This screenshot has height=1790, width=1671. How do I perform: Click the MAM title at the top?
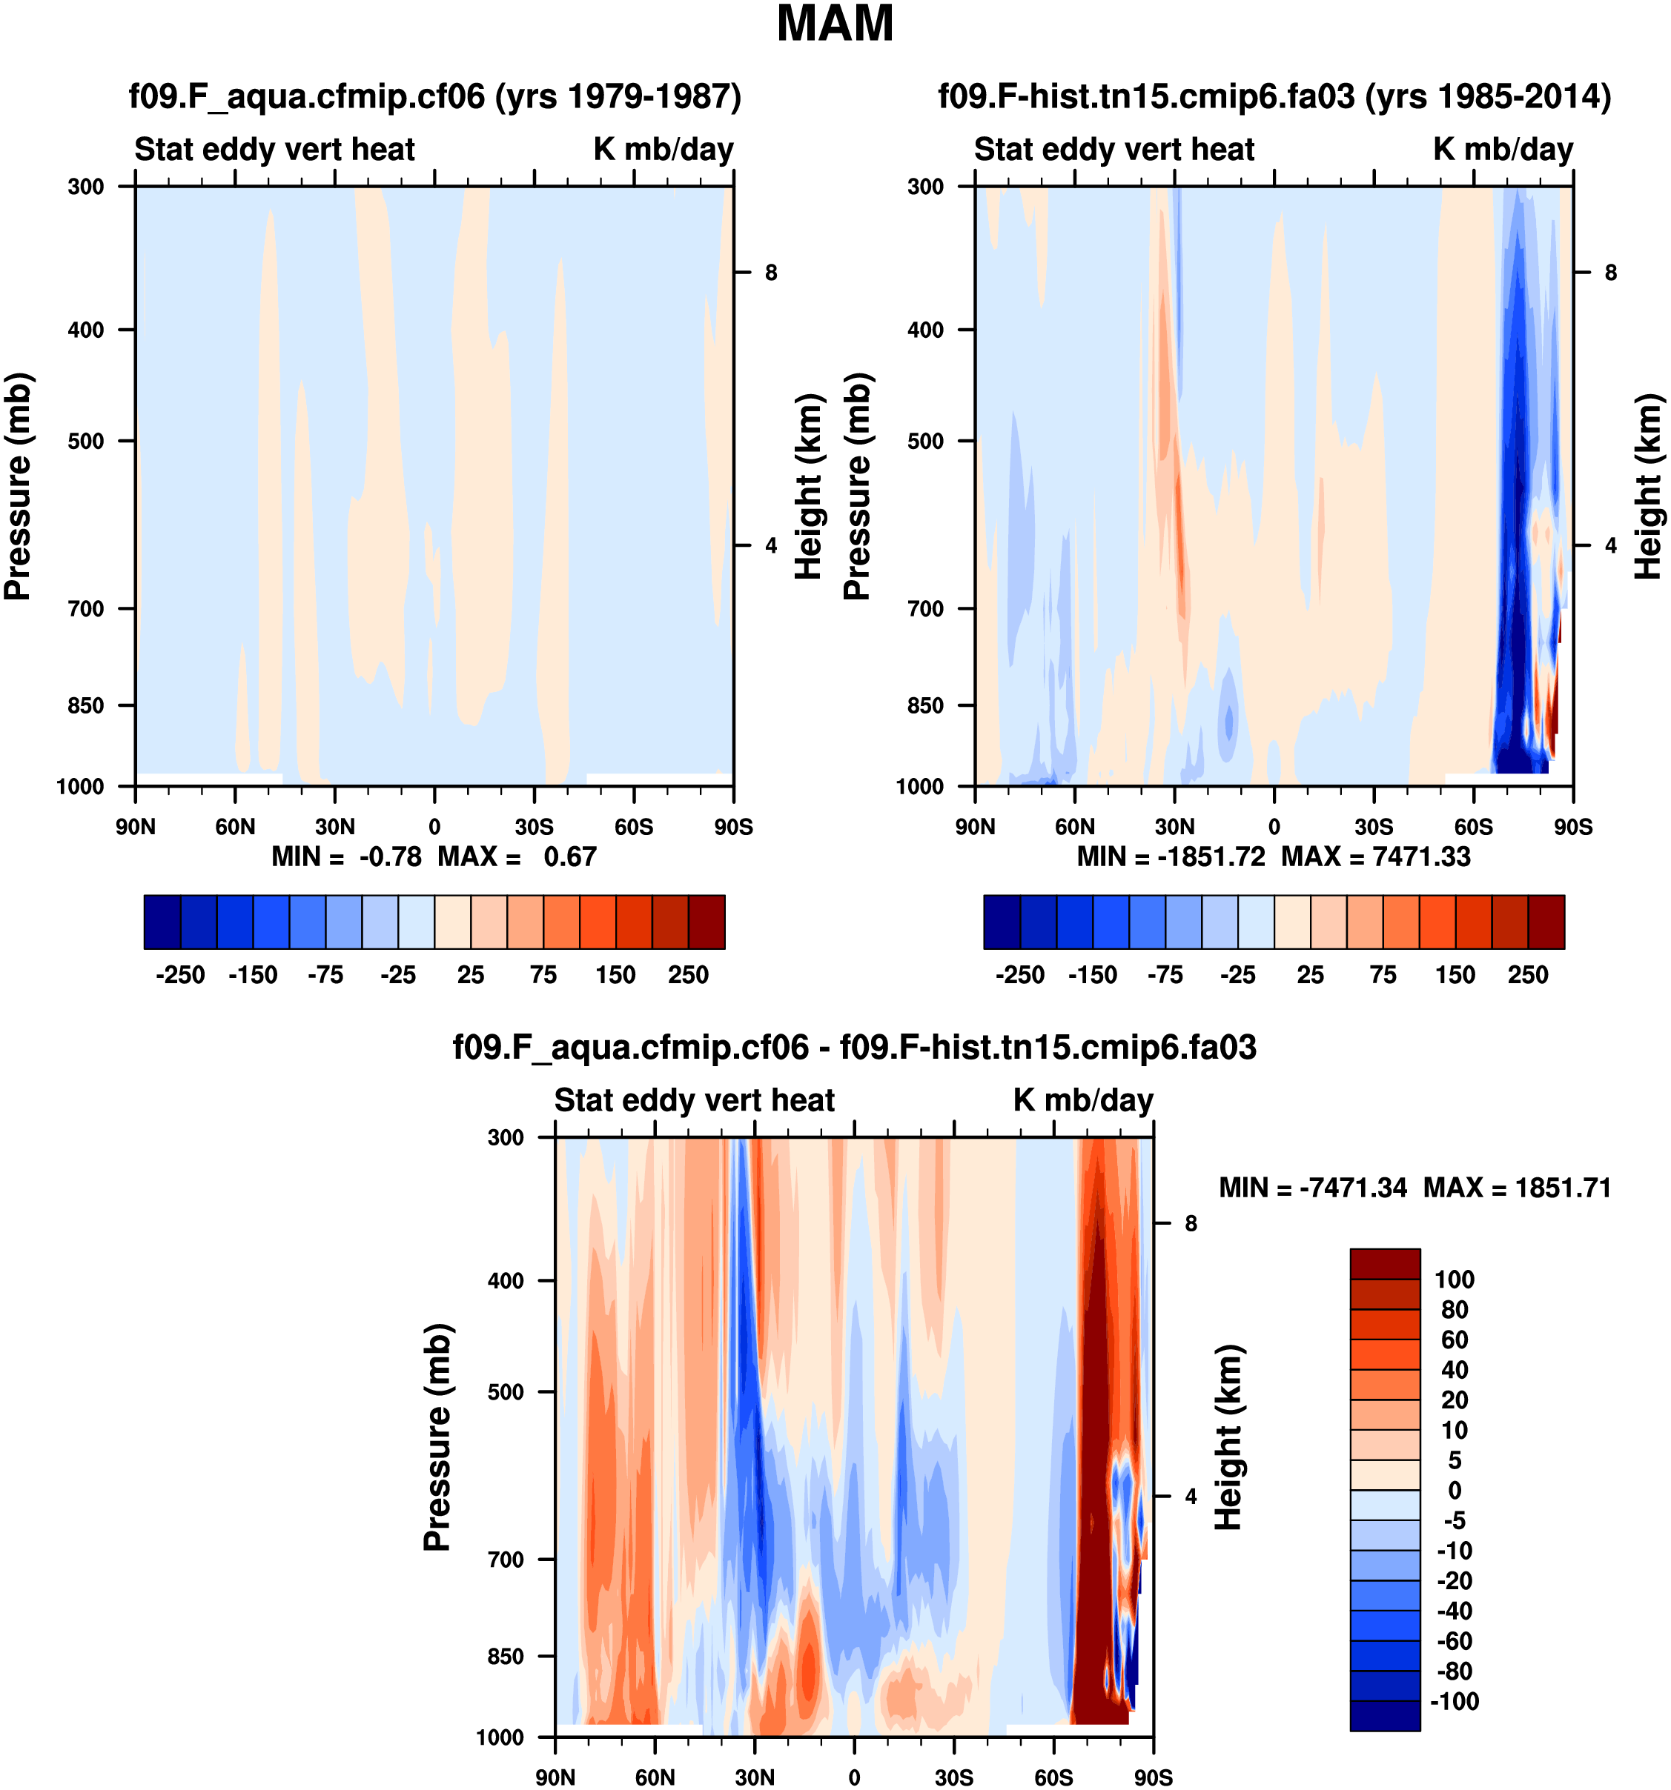(834, 25)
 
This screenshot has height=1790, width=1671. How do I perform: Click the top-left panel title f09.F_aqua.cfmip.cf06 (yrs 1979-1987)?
(435, 96)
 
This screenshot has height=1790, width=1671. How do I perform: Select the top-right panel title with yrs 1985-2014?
(1274, 96)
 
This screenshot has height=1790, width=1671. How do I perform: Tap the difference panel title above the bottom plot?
(854, 1047)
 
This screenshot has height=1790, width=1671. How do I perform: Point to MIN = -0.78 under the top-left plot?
(347, 856)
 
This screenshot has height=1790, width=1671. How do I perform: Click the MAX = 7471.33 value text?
(1375, 856)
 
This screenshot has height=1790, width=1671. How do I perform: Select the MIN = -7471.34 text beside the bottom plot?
(1312, 1188)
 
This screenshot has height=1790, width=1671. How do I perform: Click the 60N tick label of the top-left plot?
(235, 827)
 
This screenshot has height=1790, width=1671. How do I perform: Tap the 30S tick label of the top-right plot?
(1374, 827)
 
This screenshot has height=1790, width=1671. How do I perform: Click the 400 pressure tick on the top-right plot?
(925, 330)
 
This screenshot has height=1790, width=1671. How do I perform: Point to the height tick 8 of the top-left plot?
(771, 273)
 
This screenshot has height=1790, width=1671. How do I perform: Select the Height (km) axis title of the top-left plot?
(810, 486)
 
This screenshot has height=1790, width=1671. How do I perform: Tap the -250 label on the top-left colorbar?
(180, 975)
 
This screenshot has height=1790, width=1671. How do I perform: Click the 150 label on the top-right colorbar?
(1455, 975)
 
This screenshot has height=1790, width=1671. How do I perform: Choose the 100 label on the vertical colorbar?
(1454, 1280)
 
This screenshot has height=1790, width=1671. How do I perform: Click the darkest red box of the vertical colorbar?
(1385, 1263)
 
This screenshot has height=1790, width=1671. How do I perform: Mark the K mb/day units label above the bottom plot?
(1083, 1100)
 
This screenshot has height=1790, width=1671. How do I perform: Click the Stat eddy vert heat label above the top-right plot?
(1114, 150)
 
